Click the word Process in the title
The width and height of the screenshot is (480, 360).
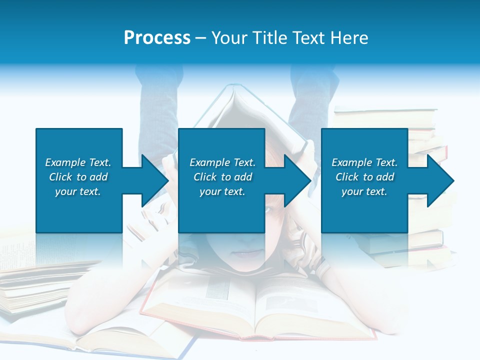157,38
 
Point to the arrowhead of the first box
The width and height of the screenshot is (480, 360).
155,180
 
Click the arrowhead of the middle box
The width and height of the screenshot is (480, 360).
297,180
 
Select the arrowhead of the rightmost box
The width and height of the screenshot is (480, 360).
440,180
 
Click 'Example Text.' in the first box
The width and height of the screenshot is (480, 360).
78,162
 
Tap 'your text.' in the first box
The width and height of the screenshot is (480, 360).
78,191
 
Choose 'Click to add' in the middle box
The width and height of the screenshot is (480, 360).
222,177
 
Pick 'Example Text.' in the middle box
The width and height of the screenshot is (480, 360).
222,162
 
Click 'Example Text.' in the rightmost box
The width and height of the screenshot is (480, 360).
364,162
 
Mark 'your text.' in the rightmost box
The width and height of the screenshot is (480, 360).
364,191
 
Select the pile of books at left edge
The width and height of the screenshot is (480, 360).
30,290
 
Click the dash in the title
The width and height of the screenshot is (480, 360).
201,38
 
